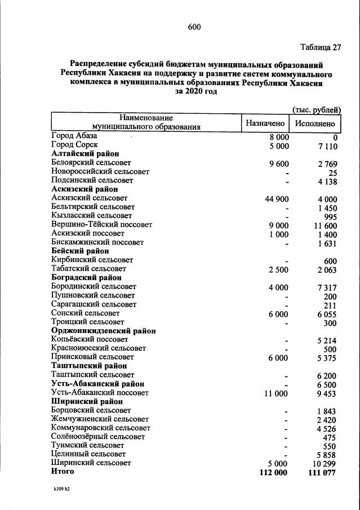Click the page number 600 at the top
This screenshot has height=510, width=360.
tap(194, 27)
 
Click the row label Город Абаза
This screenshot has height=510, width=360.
tap(74, 136)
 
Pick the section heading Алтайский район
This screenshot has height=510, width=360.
tap(85, 154)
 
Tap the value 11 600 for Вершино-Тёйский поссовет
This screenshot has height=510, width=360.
tap(324, 225)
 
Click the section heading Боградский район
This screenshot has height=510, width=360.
tap(87, 278)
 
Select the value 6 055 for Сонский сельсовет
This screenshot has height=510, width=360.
tap(326, 313)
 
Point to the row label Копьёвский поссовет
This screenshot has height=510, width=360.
tap(90, 340)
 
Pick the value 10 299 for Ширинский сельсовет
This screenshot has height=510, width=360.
tap(324, 463)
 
